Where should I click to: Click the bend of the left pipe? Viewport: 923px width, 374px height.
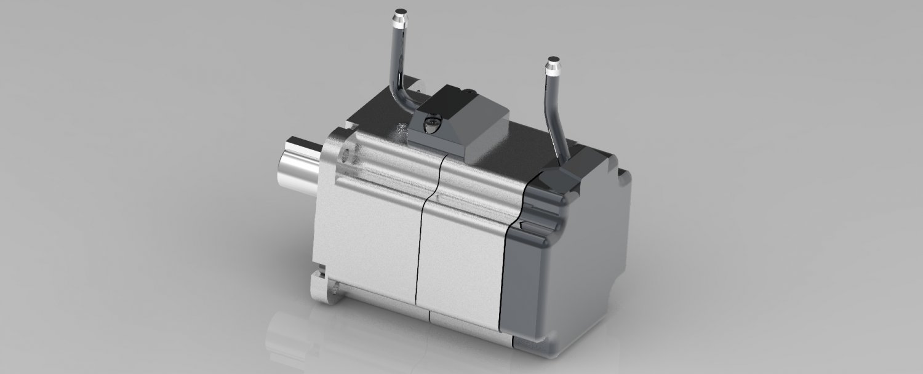pyautogui.click(x=398, y=98)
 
